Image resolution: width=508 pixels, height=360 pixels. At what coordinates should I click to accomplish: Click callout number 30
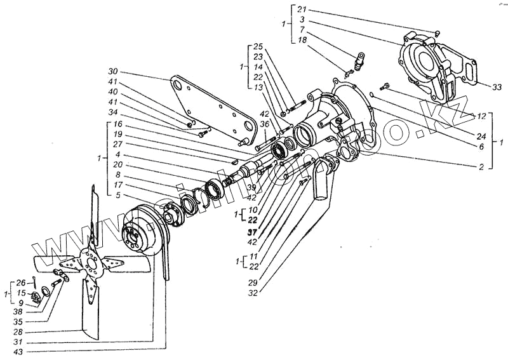tap(113, 71)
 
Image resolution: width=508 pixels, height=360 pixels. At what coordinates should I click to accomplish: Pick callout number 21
tap(302, 10)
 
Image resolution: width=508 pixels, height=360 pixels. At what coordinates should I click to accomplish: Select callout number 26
tap(20, 283)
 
